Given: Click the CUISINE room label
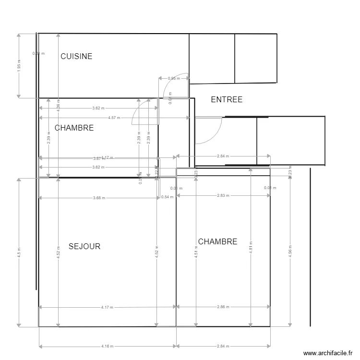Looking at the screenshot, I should point(76,56).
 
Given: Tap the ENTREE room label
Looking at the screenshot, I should point(227,100).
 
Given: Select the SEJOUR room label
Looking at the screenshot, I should point(84,246).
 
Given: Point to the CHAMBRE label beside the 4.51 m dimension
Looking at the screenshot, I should point(217,241).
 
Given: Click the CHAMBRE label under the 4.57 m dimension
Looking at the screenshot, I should point(74,128).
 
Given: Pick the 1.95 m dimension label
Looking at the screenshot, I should point(19,66).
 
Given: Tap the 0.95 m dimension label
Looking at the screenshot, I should point(173,78).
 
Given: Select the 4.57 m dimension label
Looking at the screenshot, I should point(114,118).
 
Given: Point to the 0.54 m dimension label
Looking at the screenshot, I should point(167,197).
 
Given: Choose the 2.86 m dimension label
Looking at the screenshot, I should point(223,307).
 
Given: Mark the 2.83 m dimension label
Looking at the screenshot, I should point(223,195).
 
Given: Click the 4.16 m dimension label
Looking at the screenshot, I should point(108,346).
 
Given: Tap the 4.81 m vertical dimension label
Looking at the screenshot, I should point(251,250).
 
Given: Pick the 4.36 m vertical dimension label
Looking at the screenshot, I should point(58,104).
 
